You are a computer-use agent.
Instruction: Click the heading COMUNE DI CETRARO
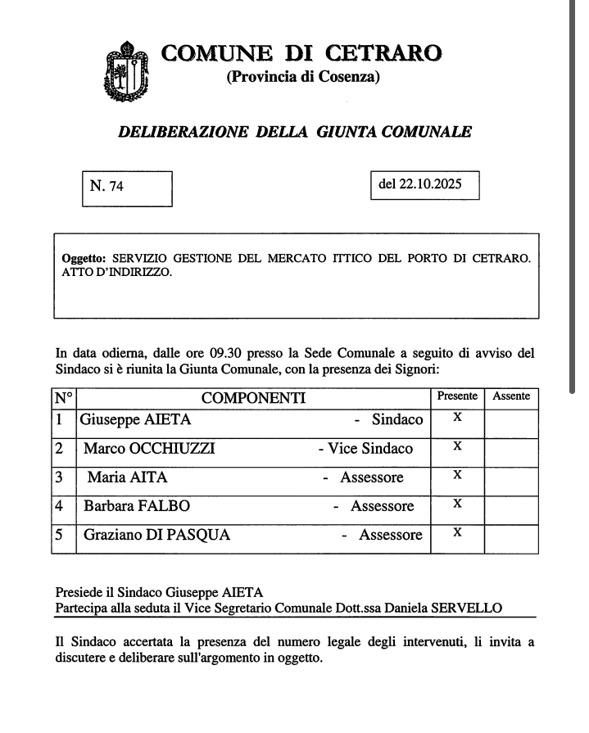(301, 53)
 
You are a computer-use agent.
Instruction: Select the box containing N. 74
(128, 188)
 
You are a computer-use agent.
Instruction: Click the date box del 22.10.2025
(424, 185)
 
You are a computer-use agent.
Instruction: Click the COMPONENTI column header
(253, 398)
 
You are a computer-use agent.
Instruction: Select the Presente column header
(457, 396)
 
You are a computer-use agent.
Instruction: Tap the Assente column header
(511, 396)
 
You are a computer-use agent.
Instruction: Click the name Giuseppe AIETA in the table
(137, 420)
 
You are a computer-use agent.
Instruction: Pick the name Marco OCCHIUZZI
(149, 449)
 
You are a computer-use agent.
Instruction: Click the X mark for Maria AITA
(458, 475)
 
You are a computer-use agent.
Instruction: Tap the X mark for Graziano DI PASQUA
(458, 532)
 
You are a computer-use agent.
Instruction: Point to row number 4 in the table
(60, 506)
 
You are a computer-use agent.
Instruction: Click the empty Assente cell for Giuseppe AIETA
(511, 421)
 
